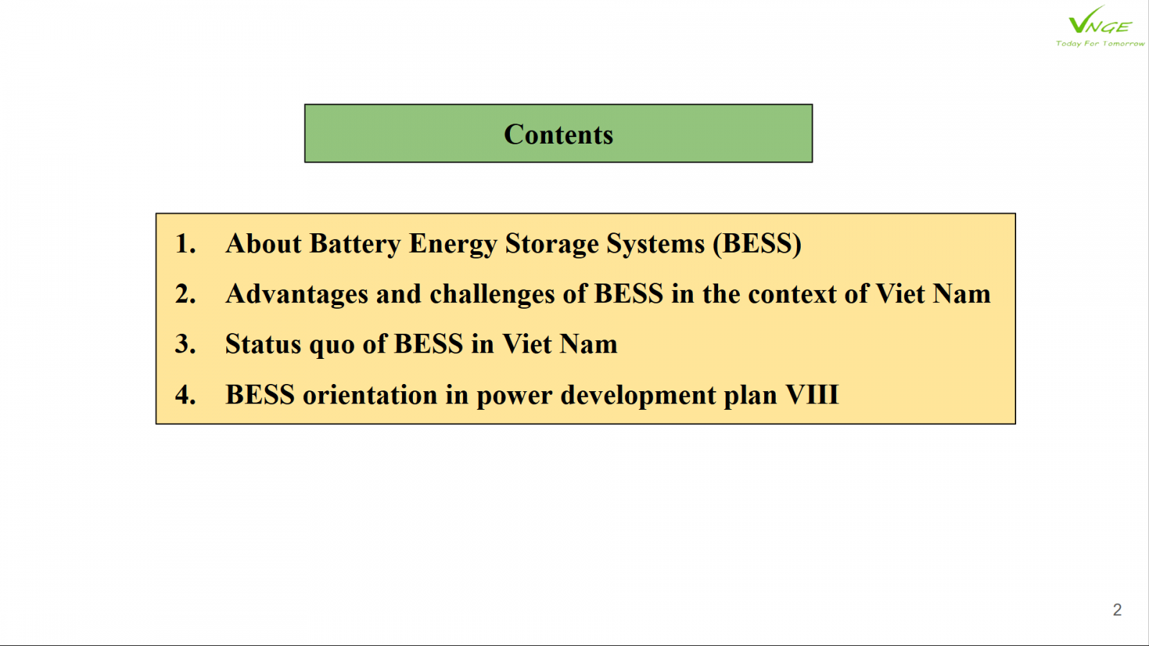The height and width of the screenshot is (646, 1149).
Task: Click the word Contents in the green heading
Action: click(558, 134)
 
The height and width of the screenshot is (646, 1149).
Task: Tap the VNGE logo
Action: click(1099, 21)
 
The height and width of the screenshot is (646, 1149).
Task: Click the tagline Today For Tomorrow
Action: click(1099, 44)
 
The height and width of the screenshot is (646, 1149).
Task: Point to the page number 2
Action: click(1117, 609)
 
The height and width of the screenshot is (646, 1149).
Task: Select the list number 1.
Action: click(185, 243)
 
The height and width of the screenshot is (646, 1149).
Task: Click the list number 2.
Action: click(185, 294)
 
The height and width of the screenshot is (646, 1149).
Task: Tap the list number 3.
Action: click(185, 344)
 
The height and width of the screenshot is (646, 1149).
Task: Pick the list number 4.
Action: click(185, 395)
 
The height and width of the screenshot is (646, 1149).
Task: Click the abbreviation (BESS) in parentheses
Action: click(757, 244)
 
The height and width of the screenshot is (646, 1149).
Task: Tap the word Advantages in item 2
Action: click(297, 295)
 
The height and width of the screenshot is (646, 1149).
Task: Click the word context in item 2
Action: click(792, 294)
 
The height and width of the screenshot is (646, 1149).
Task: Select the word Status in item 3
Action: click(263, 344)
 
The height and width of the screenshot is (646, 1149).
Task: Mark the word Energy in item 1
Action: click(453, 245)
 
